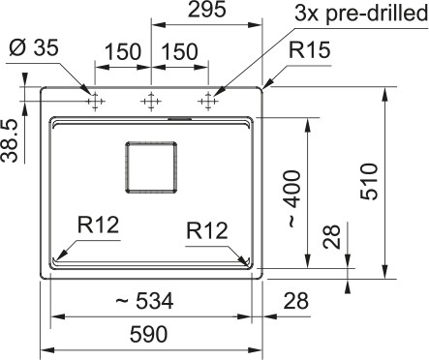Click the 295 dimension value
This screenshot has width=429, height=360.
206,10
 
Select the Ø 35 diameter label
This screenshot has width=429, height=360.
34,48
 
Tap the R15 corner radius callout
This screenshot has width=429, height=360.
309,50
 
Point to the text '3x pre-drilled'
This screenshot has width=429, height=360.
361,14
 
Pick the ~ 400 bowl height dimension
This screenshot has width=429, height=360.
293,198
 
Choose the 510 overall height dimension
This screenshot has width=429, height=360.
369,182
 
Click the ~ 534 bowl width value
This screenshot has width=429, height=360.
144,301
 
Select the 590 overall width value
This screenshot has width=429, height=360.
149,334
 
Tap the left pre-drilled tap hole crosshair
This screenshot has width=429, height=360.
95,102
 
